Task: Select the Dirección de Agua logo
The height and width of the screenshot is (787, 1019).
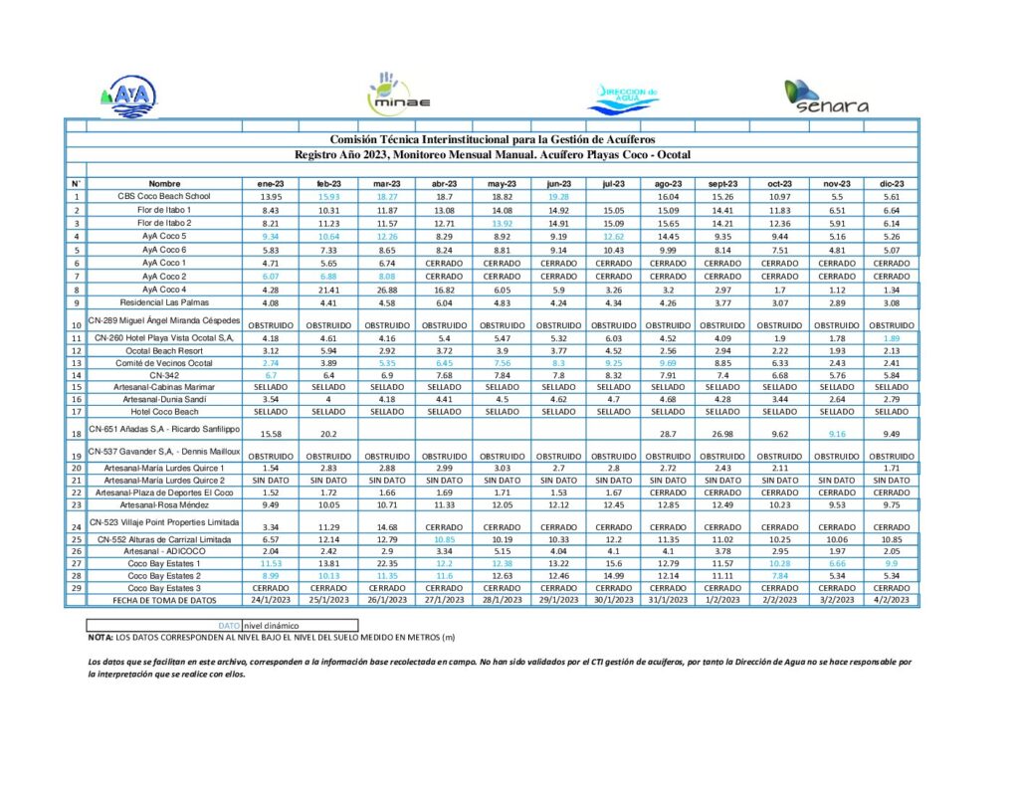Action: (624, 97)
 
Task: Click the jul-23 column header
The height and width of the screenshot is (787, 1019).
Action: (613, 184)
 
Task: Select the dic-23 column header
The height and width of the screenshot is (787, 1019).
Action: (892, 184)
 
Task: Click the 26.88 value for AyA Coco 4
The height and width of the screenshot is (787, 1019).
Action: (387, 289)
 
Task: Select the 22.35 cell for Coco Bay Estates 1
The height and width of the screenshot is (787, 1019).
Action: (387, 563)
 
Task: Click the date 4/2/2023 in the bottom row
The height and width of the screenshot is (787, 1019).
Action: (892, 600)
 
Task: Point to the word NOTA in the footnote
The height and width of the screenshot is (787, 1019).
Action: (100, 636)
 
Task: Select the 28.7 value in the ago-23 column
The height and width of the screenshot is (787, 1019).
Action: (667, 434)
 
